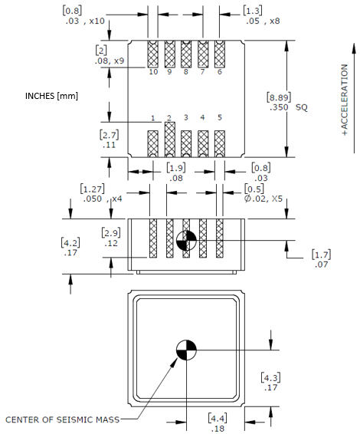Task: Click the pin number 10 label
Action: [153, 71]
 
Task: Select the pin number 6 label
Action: [219, 71]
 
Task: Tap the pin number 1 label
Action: [153, 118]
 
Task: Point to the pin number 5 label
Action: [219, 117]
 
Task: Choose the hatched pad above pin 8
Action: [186, 54]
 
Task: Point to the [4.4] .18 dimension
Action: [218, 422]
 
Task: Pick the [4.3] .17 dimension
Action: [270, 382]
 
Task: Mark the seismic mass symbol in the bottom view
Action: [186, 350]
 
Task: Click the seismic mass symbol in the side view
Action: [186, 239]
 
